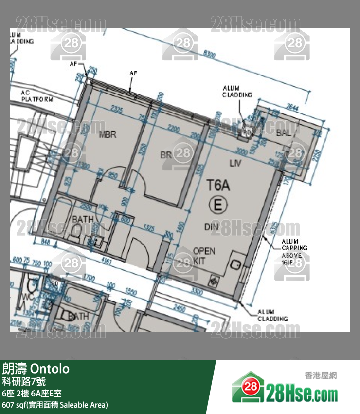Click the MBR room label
click(108, 134)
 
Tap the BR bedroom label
click(167, 155)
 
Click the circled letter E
click(217, 205)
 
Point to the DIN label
click(211, 226)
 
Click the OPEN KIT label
click(204, 256)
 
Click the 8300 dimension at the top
click(210, 55)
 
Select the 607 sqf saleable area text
click(54, 405)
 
